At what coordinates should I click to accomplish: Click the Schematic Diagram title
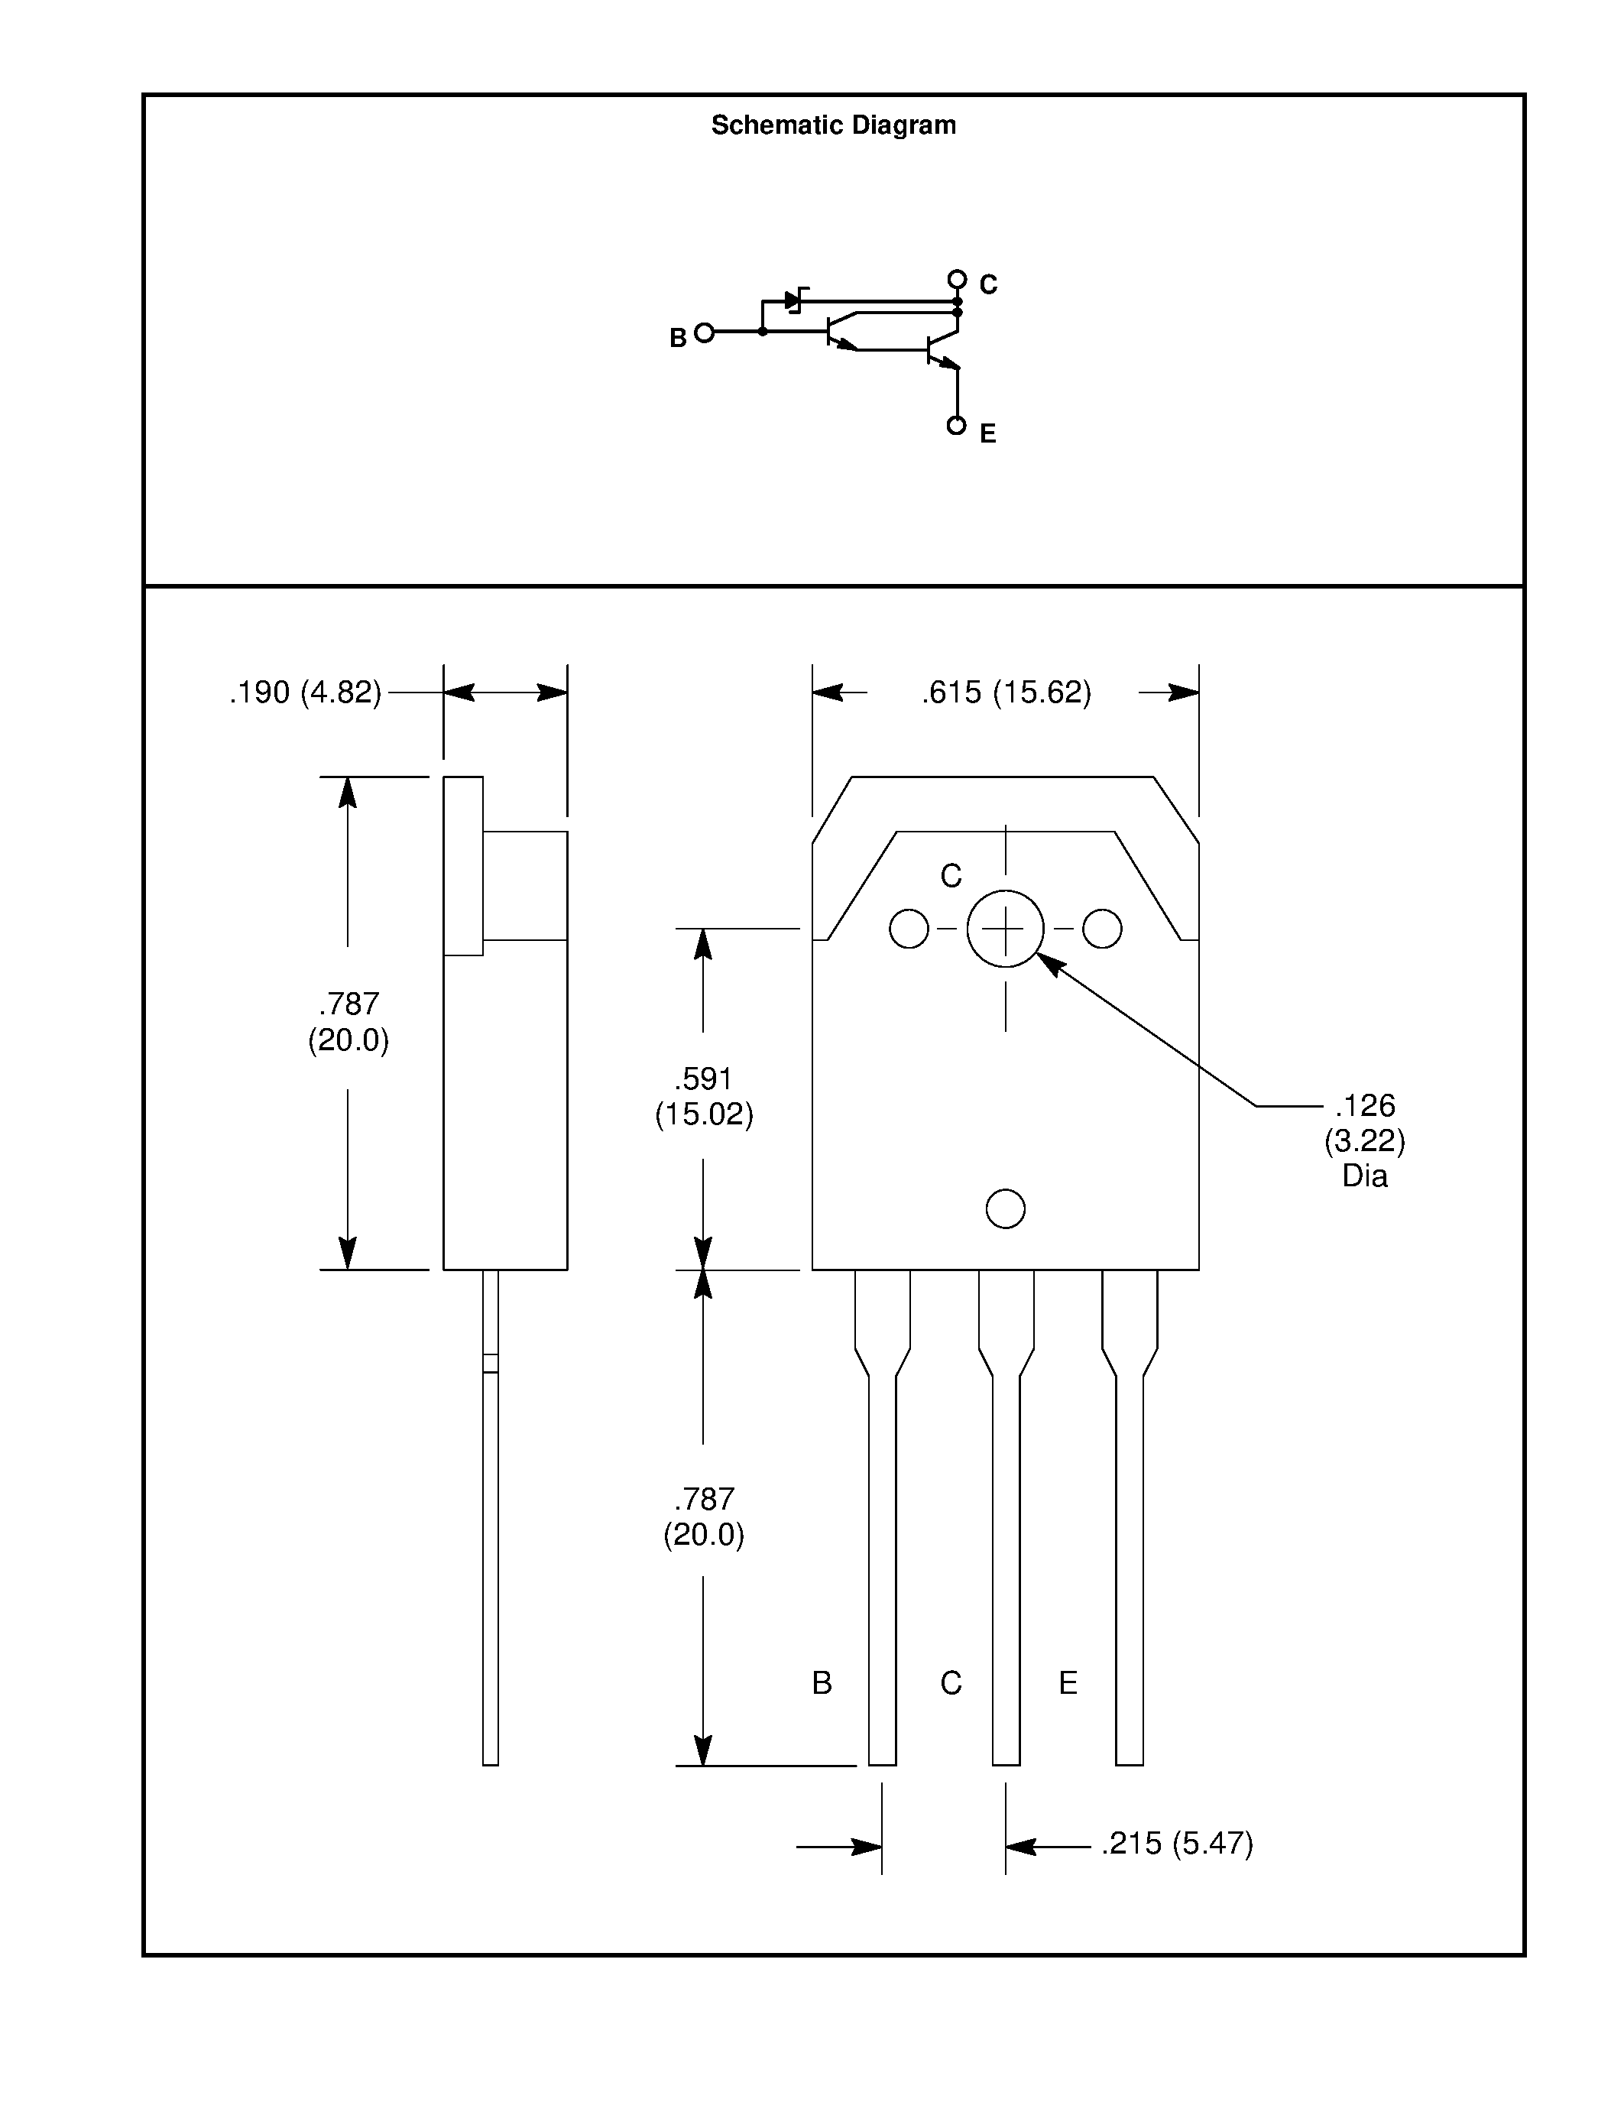[x=833, y=125]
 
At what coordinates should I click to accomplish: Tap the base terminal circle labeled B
[x=705, y=333]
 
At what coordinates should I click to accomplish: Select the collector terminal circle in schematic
[x=956, y=279]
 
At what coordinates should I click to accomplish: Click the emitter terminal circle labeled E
[x=956, y=426]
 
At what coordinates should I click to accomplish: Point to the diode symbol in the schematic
[x=795, y=300]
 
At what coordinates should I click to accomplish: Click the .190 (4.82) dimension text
[x=305, y=692]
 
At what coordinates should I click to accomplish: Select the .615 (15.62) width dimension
[x=1006, y=692]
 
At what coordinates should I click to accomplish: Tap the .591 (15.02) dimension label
[x=703, y=1096]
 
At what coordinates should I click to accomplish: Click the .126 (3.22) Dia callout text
[x=1364, y=1140]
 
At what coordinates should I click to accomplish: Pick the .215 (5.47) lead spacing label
[x=1178, y=1843]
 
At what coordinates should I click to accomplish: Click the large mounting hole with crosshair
[x=1006, y=929]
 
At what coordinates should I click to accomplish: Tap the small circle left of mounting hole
[x=909, y=929]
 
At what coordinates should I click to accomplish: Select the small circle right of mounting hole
[x=1101, y=929]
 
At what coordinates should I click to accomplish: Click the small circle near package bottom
[x=1006, y=1209]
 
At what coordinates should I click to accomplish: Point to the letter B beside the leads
[x=822, y=1682]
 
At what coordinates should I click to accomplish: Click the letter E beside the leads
[x=1068, y=1682]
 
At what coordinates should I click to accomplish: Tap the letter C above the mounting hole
[x=951, y=876]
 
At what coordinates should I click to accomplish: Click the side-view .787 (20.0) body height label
[x=348, y=1022]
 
